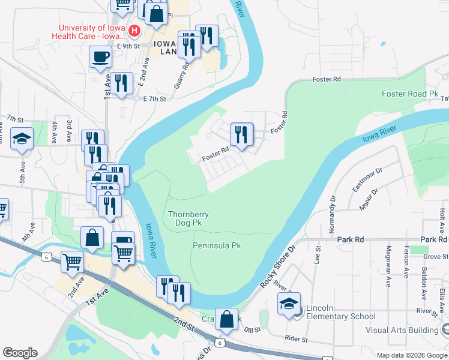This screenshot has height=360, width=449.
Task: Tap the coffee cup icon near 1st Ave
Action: pyautogui.click(x=100, y=58)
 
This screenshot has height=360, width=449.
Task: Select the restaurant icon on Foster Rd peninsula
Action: pyautogui.click(x=241, y=135)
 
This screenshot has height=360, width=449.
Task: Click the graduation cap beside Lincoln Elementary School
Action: pyautogui.click(x=289, y=304)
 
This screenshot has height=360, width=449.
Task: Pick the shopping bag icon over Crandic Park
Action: pyautogui.click(x=227, y=320)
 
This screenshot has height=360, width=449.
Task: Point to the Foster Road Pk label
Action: pyautogui.click(x=411, y=94)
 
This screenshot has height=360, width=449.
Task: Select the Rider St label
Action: pyautogui.click(x=296, y=339)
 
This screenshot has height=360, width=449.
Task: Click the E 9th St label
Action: pyautogui.click(x=128, y=46)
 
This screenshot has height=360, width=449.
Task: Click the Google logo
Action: pyautogui.click(x=20, y=353)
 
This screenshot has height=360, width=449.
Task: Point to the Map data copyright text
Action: pyautogui.click(x=411, y=355)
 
